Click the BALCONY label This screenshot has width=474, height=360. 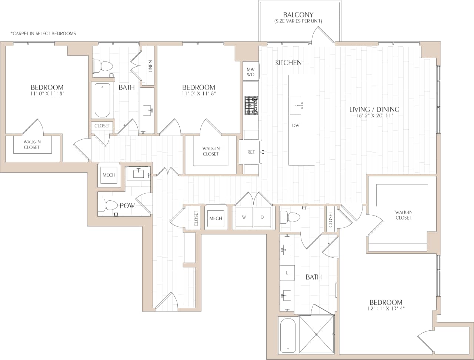298,15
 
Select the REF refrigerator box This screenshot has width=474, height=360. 251,152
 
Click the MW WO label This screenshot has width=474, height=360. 251,72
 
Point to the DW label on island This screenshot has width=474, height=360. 296,126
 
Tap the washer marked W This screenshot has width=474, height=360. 244,217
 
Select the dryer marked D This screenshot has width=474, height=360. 262,217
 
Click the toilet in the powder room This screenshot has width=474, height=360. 107,206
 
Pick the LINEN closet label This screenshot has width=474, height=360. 150,67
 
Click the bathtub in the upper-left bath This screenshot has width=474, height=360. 102,100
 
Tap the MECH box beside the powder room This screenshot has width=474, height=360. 109,175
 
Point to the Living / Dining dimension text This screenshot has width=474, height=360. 374,116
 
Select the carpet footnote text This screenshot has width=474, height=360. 43,34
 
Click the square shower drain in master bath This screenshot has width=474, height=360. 317,334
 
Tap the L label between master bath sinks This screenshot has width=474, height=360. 287,273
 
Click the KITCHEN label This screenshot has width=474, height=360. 288,63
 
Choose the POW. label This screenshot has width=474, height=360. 128,206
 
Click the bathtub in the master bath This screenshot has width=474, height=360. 288,336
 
